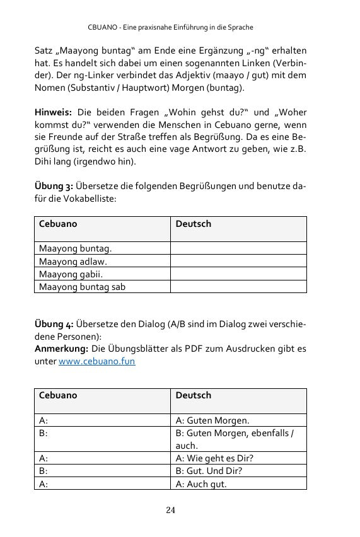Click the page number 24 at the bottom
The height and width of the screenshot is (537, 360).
[x=171, y=509]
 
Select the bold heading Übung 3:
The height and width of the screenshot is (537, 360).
[x=54, y=186]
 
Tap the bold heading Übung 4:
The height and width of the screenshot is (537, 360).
[x=54, y=324]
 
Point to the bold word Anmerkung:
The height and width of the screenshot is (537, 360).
[x=61, y=350]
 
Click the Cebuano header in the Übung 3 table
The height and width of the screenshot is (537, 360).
[x=59, y=224]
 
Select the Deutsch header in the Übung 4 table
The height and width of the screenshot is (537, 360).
[x=193, y=396]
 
